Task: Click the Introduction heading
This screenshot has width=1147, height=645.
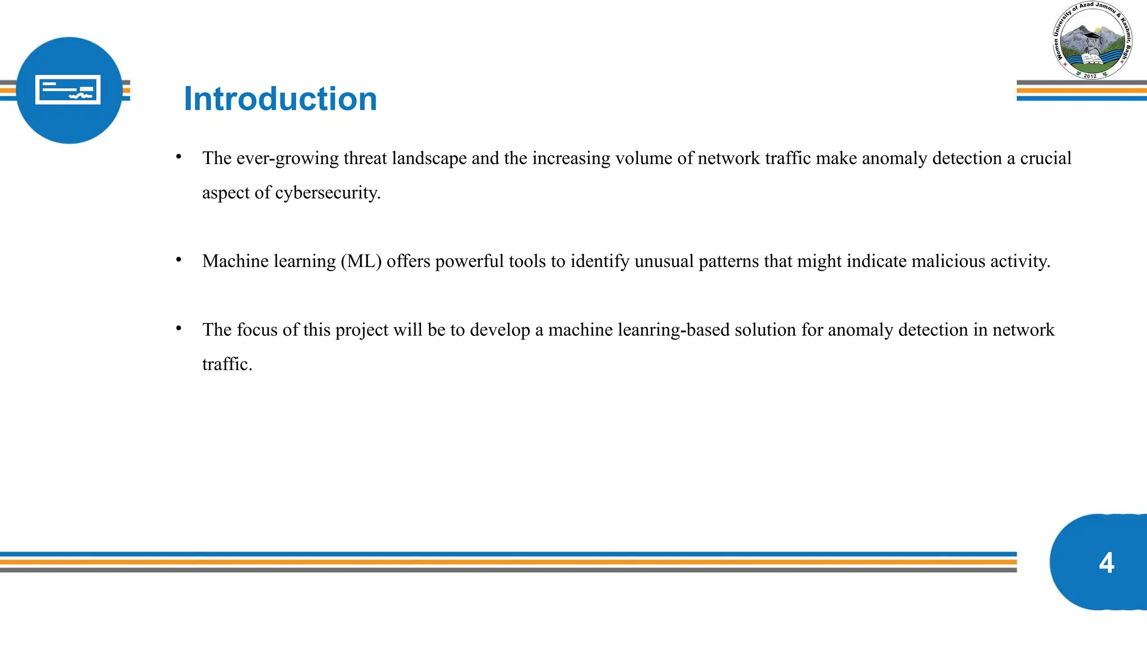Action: point(280,99)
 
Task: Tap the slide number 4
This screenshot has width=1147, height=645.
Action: point(1106,563)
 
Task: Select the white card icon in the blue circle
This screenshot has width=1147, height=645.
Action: point(68,90)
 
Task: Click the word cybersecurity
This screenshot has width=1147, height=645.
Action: point(328,193)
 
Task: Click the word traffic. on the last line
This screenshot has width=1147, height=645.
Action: point(227,364)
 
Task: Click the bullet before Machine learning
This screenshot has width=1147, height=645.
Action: point(179,259)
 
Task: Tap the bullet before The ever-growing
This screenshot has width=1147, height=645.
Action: point(179,157)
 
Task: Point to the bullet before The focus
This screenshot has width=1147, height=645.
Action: point(179,328)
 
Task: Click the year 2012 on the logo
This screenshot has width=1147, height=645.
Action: point(1090,76)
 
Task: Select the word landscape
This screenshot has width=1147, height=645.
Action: point(429,158)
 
